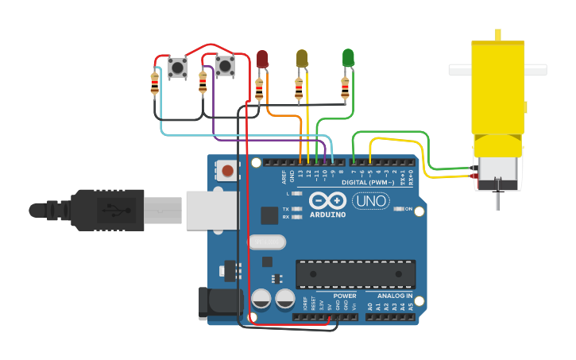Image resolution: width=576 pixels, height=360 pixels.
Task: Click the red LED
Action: [263, 59]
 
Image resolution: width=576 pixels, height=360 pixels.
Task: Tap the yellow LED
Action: [302, 59]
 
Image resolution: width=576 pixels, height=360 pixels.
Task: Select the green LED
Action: [348, 58]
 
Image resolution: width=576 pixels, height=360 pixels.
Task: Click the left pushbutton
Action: [177, 68]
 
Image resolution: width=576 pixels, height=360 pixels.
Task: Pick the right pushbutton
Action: [225, 66]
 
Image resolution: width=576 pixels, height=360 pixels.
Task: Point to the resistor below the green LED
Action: [346, 87]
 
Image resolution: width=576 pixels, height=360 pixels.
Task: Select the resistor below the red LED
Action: [259, 89]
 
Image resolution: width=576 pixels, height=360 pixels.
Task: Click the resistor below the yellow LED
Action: [299, 89]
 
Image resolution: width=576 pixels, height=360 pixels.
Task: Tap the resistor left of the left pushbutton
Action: [154, 83]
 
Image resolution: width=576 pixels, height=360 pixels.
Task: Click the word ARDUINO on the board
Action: [327, 215]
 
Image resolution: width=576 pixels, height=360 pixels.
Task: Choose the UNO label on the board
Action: [370, 201]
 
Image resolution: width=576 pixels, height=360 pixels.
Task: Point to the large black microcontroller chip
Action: [355, 274]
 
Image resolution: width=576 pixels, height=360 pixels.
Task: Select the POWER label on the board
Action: [345, 296]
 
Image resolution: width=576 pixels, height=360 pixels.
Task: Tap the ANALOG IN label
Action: [394, 296]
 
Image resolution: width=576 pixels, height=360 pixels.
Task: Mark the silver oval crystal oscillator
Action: [266, 242]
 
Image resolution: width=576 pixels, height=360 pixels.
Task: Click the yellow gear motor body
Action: [498, 95]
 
